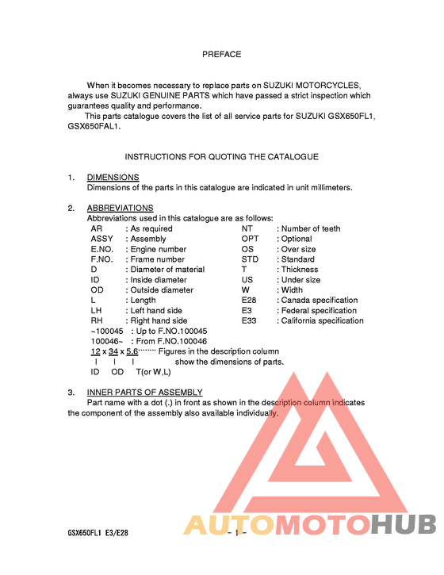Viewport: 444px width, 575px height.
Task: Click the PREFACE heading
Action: tap(221, 55)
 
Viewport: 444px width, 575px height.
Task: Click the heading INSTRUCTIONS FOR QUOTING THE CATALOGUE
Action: tap(221, 157)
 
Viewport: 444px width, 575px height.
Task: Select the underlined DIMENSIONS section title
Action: tap(113, 177)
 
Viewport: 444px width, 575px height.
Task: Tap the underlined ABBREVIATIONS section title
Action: tap(120, 208)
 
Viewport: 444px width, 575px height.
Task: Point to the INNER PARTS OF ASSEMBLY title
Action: tap(144, 392)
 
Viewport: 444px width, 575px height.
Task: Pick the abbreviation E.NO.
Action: tap(102, 249)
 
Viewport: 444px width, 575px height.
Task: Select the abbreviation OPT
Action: tap(250, 239)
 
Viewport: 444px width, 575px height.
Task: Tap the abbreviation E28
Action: tap(249, 301)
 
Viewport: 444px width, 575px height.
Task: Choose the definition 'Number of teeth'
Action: tap(311, 228)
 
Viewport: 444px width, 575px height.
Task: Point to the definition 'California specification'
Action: tap(323, 321)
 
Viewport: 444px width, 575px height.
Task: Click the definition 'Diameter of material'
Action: tap(167, 270)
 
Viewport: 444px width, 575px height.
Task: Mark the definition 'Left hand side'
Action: tap(156, 311)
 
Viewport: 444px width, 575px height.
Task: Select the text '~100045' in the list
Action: tap(107, 331)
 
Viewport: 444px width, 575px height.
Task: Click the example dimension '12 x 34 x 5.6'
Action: tap(114, 351)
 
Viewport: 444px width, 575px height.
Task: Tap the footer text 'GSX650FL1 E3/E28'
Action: tap(98, 533)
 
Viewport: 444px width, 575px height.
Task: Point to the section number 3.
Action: tap(71, 392)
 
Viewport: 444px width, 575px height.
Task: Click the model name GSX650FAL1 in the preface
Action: tap(94, 126)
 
